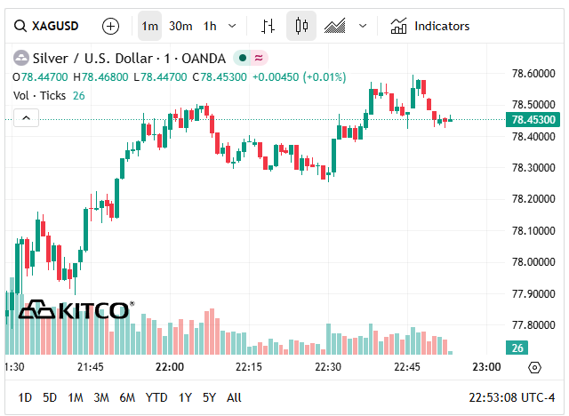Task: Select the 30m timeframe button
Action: (180, 26)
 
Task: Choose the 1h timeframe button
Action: (210, 26)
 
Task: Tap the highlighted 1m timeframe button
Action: (150, 26)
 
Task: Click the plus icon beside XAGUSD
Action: (110, 26)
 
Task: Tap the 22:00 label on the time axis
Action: (169, 366)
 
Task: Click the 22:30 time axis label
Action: (328, 366)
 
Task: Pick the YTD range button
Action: (156, 397)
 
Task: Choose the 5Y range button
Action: (209, 397)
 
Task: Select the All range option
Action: (234, 397)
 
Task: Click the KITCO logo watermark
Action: (76, 310)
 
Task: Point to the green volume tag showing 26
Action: (517, 348)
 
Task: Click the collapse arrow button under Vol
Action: (26, 117)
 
